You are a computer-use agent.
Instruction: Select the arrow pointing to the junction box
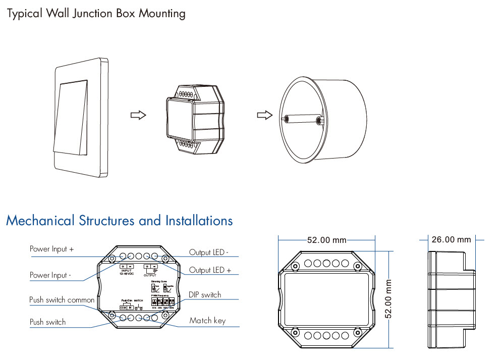tap(263, 115)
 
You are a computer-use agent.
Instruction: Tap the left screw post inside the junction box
tap(286, 119)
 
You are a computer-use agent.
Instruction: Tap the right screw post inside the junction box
tap(318, 121)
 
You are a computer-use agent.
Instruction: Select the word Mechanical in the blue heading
tap(40, 221)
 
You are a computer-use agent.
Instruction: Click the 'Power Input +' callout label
tap(52, 249)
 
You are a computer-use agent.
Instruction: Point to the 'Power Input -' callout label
tap(50, 275)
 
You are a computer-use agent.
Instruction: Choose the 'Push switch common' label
tap(62, 300)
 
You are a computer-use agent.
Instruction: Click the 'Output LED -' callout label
tap(209, 252)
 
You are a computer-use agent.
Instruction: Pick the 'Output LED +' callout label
tap(210, 270)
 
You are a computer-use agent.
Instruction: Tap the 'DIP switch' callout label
tap(205, 295)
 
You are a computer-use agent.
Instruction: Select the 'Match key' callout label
tap(207, 320)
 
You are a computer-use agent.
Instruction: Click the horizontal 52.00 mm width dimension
tap(326, 240)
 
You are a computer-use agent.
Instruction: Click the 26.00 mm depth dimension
tap(451, 239)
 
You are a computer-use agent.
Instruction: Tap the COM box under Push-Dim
tap(123, 307)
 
